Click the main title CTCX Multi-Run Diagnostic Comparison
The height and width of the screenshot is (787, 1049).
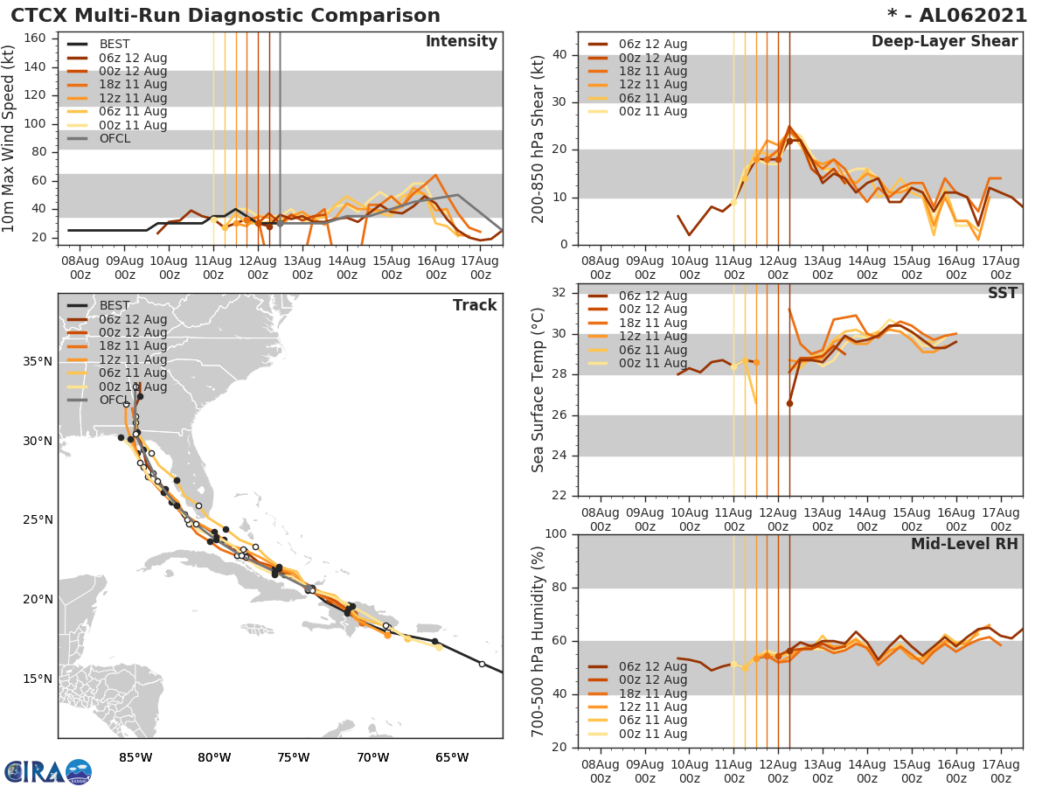[226, 16]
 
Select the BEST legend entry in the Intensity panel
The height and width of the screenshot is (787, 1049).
[115, 45]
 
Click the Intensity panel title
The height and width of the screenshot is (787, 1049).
[461, 42]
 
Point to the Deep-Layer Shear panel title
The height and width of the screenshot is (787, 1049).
[944, 42]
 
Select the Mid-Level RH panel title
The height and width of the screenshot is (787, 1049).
[963, 544]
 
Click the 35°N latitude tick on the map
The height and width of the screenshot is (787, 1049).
[38, 361]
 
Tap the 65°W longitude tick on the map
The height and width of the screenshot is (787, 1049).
[452, 757]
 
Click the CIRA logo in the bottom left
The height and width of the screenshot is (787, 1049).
[48, 771]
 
